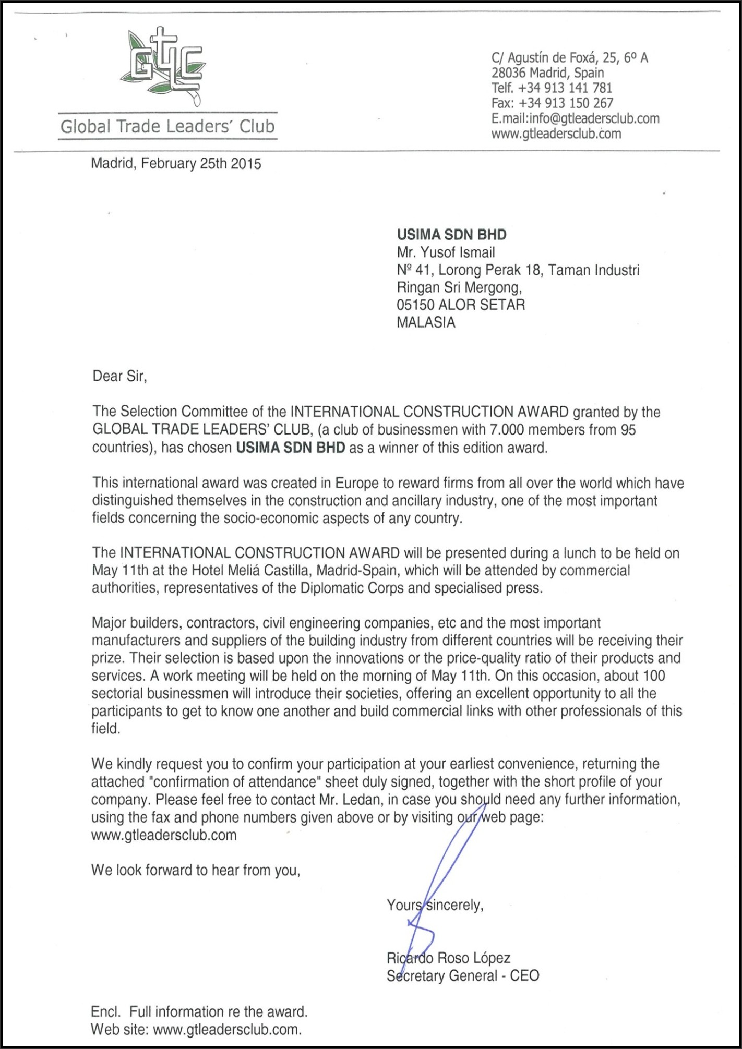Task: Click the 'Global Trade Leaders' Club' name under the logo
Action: point(167,127)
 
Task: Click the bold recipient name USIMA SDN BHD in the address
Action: point(451,235)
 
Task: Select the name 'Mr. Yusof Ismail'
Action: point(446,252)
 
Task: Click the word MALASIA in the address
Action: point(426,322)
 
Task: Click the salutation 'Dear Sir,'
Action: point(119,376)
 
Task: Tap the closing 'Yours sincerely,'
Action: point(435,905)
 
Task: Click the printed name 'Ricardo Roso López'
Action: point(448,958)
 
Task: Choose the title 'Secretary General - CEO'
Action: point(462,976)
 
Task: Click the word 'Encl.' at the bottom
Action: point(105,1012)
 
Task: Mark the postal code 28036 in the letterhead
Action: point(508,73)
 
